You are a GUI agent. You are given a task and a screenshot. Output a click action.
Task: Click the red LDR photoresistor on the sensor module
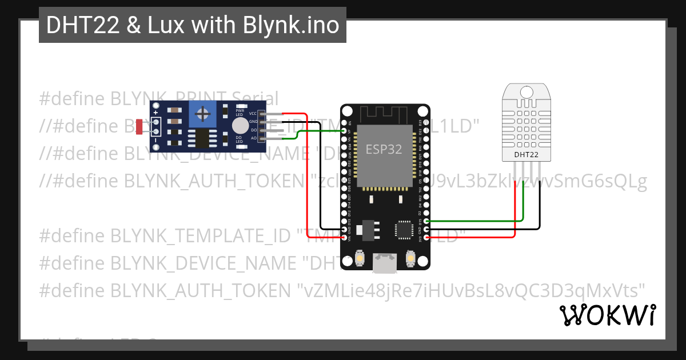pos(139,127)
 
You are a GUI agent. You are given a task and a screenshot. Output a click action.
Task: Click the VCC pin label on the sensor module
pos(253,114)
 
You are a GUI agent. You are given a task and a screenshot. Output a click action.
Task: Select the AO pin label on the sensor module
pos(253,138)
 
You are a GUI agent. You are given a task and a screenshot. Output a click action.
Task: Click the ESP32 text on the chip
pos(384,150)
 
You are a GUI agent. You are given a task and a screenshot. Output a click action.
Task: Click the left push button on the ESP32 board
pos(360,259)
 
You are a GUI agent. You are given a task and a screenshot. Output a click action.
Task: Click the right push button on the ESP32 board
pos(410,259)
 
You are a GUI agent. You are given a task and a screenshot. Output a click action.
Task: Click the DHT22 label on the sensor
pos(525,154)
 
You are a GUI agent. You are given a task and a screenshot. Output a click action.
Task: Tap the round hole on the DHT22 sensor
pos(525,91)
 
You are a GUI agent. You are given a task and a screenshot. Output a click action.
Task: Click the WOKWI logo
pos(607,315)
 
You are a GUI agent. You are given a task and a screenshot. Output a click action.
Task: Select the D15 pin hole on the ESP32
pos(426,221)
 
